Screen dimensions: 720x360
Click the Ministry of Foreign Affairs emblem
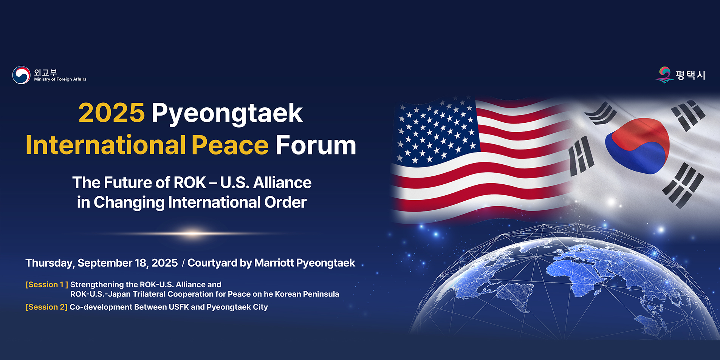click(x=21, y=75)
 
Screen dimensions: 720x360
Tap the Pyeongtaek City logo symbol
click(x=664, y=75)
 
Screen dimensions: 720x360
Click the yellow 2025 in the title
click(x=111, y=113)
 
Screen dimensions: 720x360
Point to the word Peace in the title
click(x=230, y=145)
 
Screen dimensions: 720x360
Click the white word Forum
click(x=316, y=145)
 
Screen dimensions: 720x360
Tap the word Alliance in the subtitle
click(x=282, y=183)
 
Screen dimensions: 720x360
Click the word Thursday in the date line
click(x=50, y=263)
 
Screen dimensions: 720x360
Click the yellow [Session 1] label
click(x=47, y=285)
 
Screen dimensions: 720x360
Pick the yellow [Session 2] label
click(x=46, y=307)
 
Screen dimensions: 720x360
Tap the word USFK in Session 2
click(x=179, y=307)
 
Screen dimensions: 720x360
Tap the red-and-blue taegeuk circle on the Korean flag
click(x=637, y=146)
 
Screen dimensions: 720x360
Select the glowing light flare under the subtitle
click(x=193, y=233)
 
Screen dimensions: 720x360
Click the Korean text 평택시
click(x=691, y=75)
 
